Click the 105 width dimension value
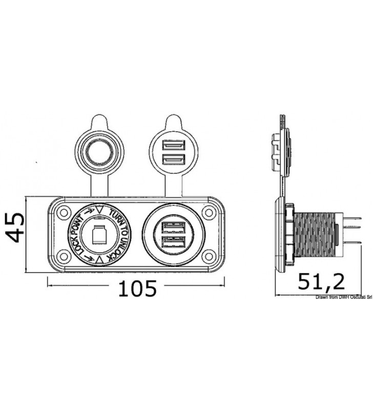pos(137,288)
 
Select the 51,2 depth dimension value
pos(321,281)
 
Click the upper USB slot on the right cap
pos(174,145)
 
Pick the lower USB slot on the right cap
pos(174,159)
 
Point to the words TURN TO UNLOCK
pos(120,234)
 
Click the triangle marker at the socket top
pos(99,210)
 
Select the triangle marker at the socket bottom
pos(99,260)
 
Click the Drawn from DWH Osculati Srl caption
pos(344,297)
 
